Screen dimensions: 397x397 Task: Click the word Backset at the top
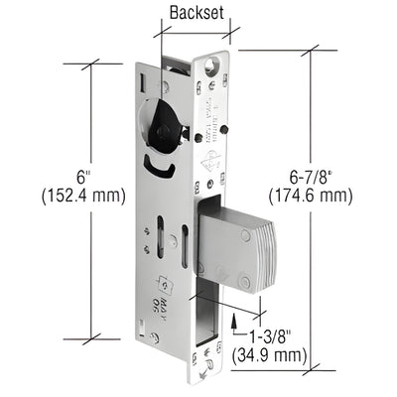point(196,14)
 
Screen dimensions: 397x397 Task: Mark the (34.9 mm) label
point(267,352)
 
